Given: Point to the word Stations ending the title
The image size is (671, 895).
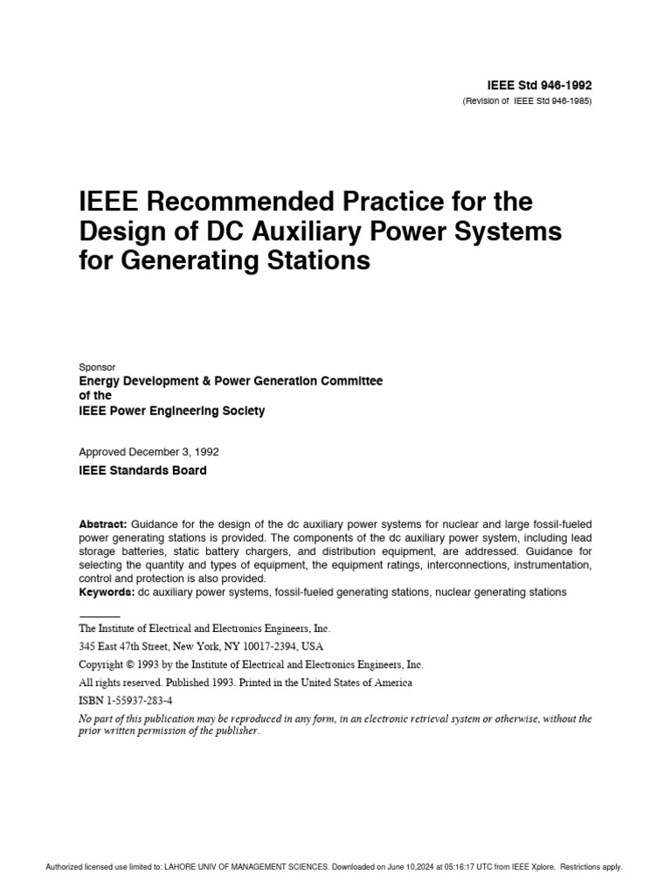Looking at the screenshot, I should (322, 261).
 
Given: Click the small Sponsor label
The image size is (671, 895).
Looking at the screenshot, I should (97, 368).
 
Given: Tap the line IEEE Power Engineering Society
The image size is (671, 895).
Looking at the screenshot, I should (171, 411).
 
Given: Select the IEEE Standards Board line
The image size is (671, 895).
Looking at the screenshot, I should (142, 470).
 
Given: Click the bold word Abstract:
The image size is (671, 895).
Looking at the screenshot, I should (103, 524).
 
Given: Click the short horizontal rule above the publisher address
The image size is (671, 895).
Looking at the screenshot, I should (99, 617).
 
